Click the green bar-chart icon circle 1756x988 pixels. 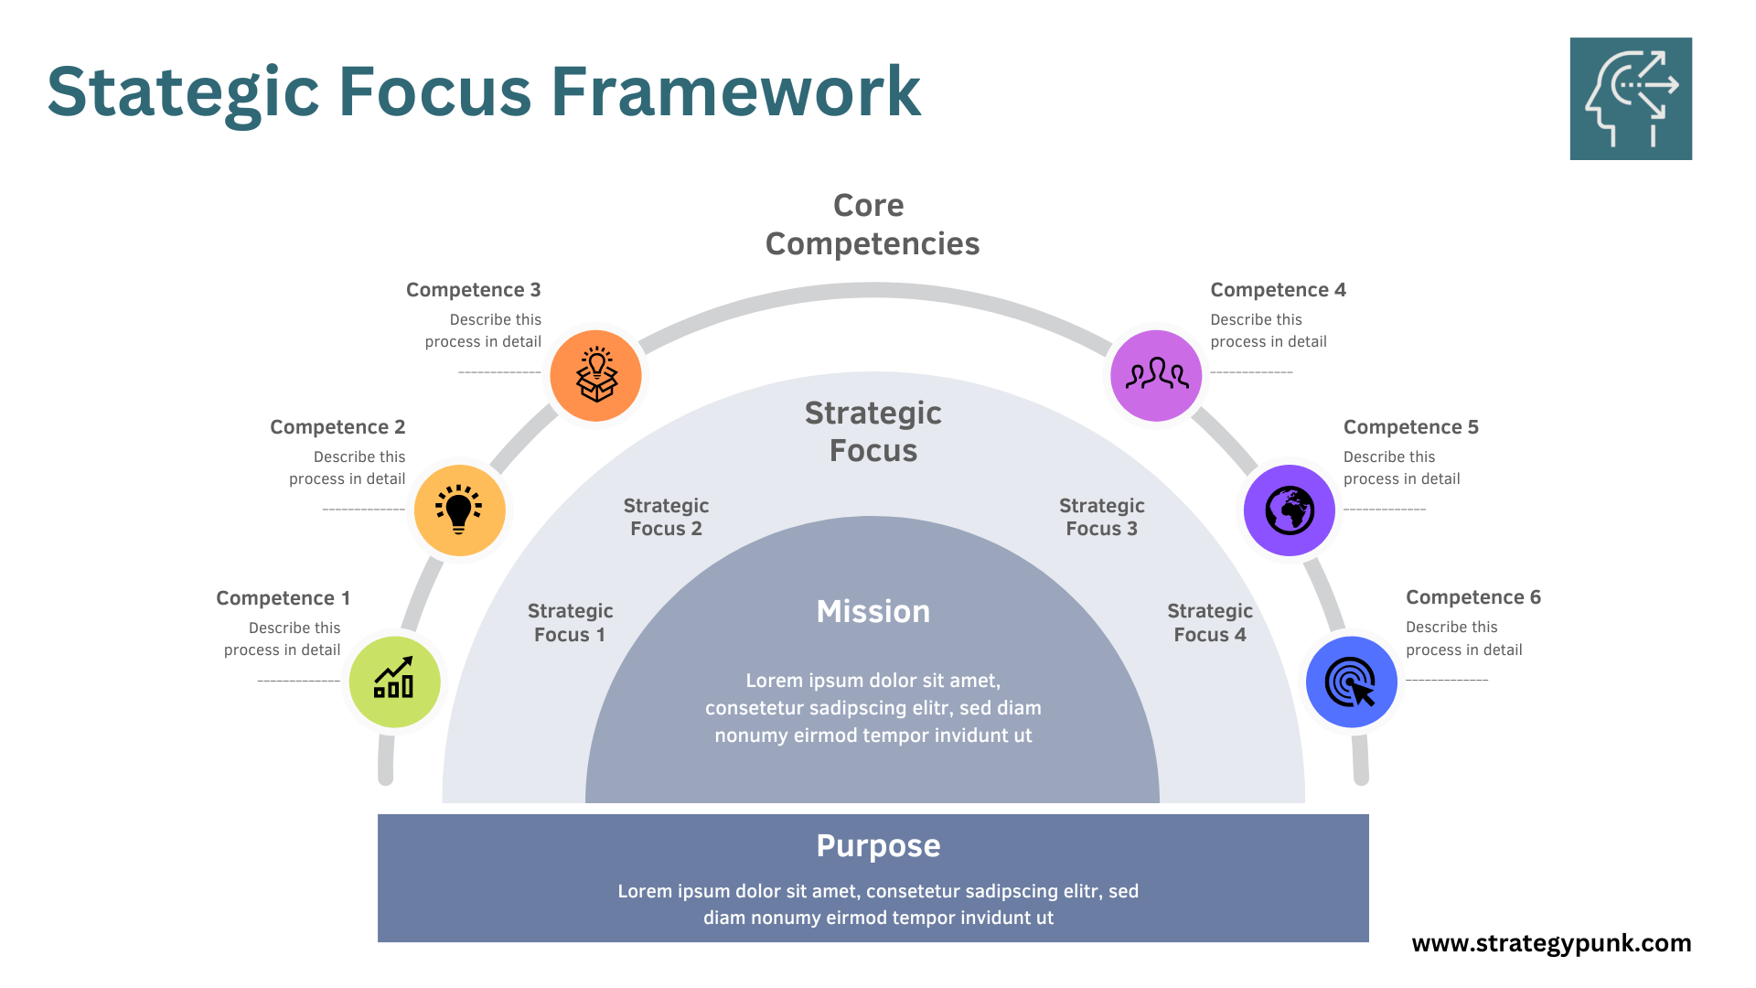pyautogui.click(x=395, y=682)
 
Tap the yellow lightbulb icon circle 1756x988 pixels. pyautogui.click(x=459, y=510)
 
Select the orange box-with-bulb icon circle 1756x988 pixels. pyautogui.click(x=596, y=376)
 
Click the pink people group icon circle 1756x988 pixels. pyautogui.click(x=1156, y=375)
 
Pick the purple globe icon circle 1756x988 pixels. pyautogui.click(x=1290, y=510)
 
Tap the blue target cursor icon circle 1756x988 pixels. pyautogui.click(x=1351, y=682)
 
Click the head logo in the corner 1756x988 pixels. pyautogui.click(x=1631, y=99)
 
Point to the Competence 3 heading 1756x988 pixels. pyautogui.click(x=473, y=290)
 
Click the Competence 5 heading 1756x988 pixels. pyautogui.click(x=1410, y=427)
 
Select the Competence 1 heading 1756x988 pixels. pyautogui.click(x=283, y=598)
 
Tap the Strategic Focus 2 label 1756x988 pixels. pyautogui.click(x=666, y=517)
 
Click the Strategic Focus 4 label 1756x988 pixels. pyautogui.click(x=1209, y=623)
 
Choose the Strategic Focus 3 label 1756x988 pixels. pyautogui.click(x=1101, y=517)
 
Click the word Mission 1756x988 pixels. pyautogui.click(x=873, y=612)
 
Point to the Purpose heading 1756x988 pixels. pyautogui.click(x=878, y=846)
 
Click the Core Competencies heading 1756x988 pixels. pyautogui.click(x=872, y=225)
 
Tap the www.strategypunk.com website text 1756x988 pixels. pyautogui.click(x=1551, y=943)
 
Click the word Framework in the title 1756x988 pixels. pyautogui.click(x=735, y=91)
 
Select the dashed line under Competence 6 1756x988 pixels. pyautogui.click(x=1447, y=680)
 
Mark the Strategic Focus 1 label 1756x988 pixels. pyautogui.click(x=570, y=623)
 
